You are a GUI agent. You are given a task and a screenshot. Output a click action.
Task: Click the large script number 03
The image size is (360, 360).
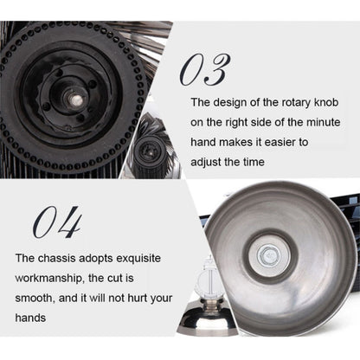point(205,69)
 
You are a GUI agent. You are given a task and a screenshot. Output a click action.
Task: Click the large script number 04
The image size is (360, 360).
point(57,222)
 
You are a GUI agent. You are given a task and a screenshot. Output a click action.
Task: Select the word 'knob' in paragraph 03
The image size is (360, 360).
point(326,102)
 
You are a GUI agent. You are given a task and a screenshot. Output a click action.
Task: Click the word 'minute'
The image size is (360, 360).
point(324,122)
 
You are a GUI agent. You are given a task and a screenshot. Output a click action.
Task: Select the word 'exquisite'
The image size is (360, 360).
point(138,259)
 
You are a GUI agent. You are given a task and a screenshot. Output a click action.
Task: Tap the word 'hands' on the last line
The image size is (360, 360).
point(30,318)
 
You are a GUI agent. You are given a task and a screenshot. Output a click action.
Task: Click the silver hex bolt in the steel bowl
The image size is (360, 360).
point(269,256)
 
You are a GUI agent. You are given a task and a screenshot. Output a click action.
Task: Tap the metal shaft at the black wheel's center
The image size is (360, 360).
point(76,100)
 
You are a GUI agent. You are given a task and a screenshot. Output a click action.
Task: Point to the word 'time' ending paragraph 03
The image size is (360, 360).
point(254,162)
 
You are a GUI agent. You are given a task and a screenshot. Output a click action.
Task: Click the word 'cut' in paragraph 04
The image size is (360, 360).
point(115,279)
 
